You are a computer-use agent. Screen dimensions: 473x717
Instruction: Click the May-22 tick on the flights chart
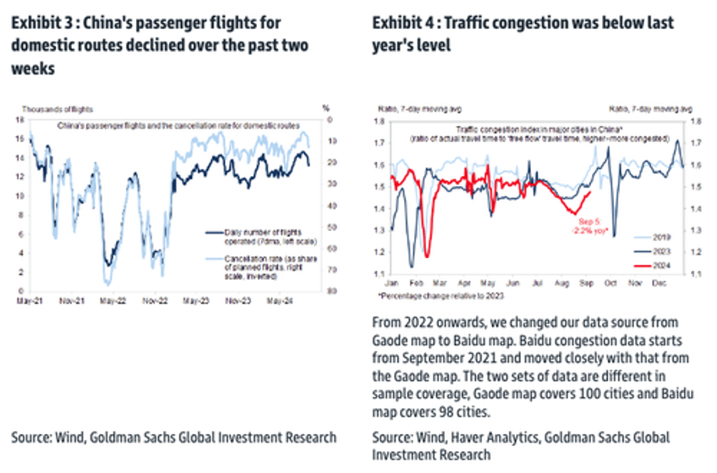tap(107, 300)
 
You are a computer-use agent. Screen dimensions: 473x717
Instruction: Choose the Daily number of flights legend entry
tap(256, 234)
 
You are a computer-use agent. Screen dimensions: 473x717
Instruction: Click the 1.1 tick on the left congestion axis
tap(380, 273)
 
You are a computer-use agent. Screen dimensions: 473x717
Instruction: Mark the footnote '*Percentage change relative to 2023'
tap(439, 297)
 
